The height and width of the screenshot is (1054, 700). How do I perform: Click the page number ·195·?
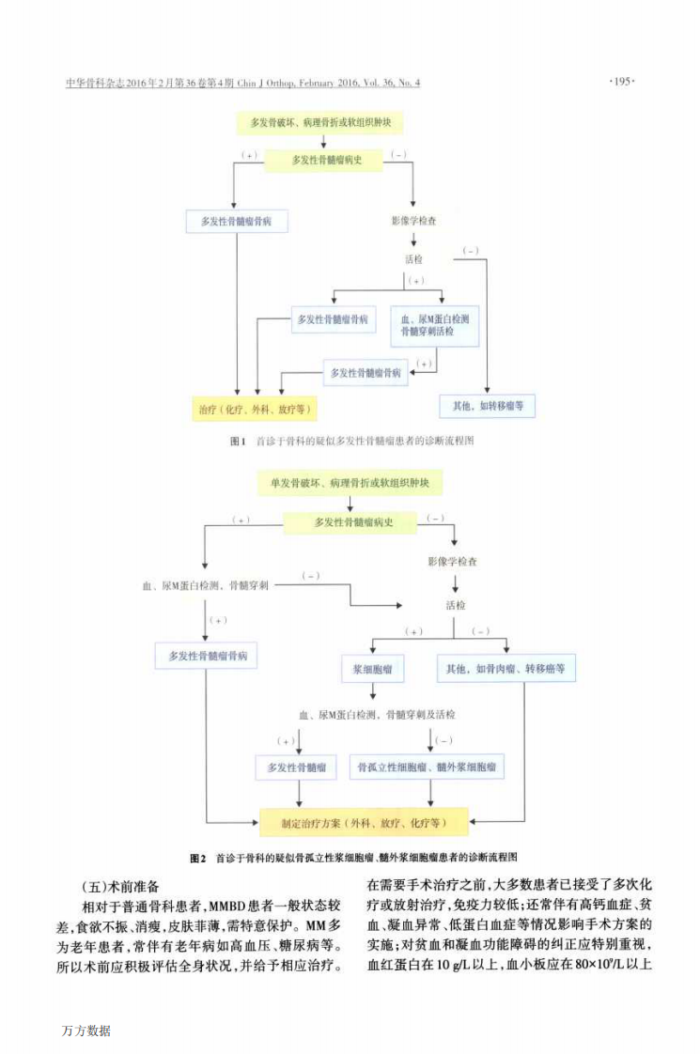623,83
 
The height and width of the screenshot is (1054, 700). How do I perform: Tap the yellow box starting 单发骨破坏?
349,484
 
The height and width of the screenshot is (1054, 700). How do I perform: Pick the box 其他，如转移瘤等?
488,406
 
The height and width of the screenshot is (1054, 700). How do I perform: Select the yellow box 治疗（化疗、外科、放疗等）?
254,410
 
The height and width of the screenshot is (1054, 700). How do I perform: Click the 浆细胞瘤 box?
372,670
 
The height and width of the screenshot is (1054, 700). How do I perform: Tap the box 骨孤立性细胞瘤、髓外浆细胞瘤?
425,767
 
